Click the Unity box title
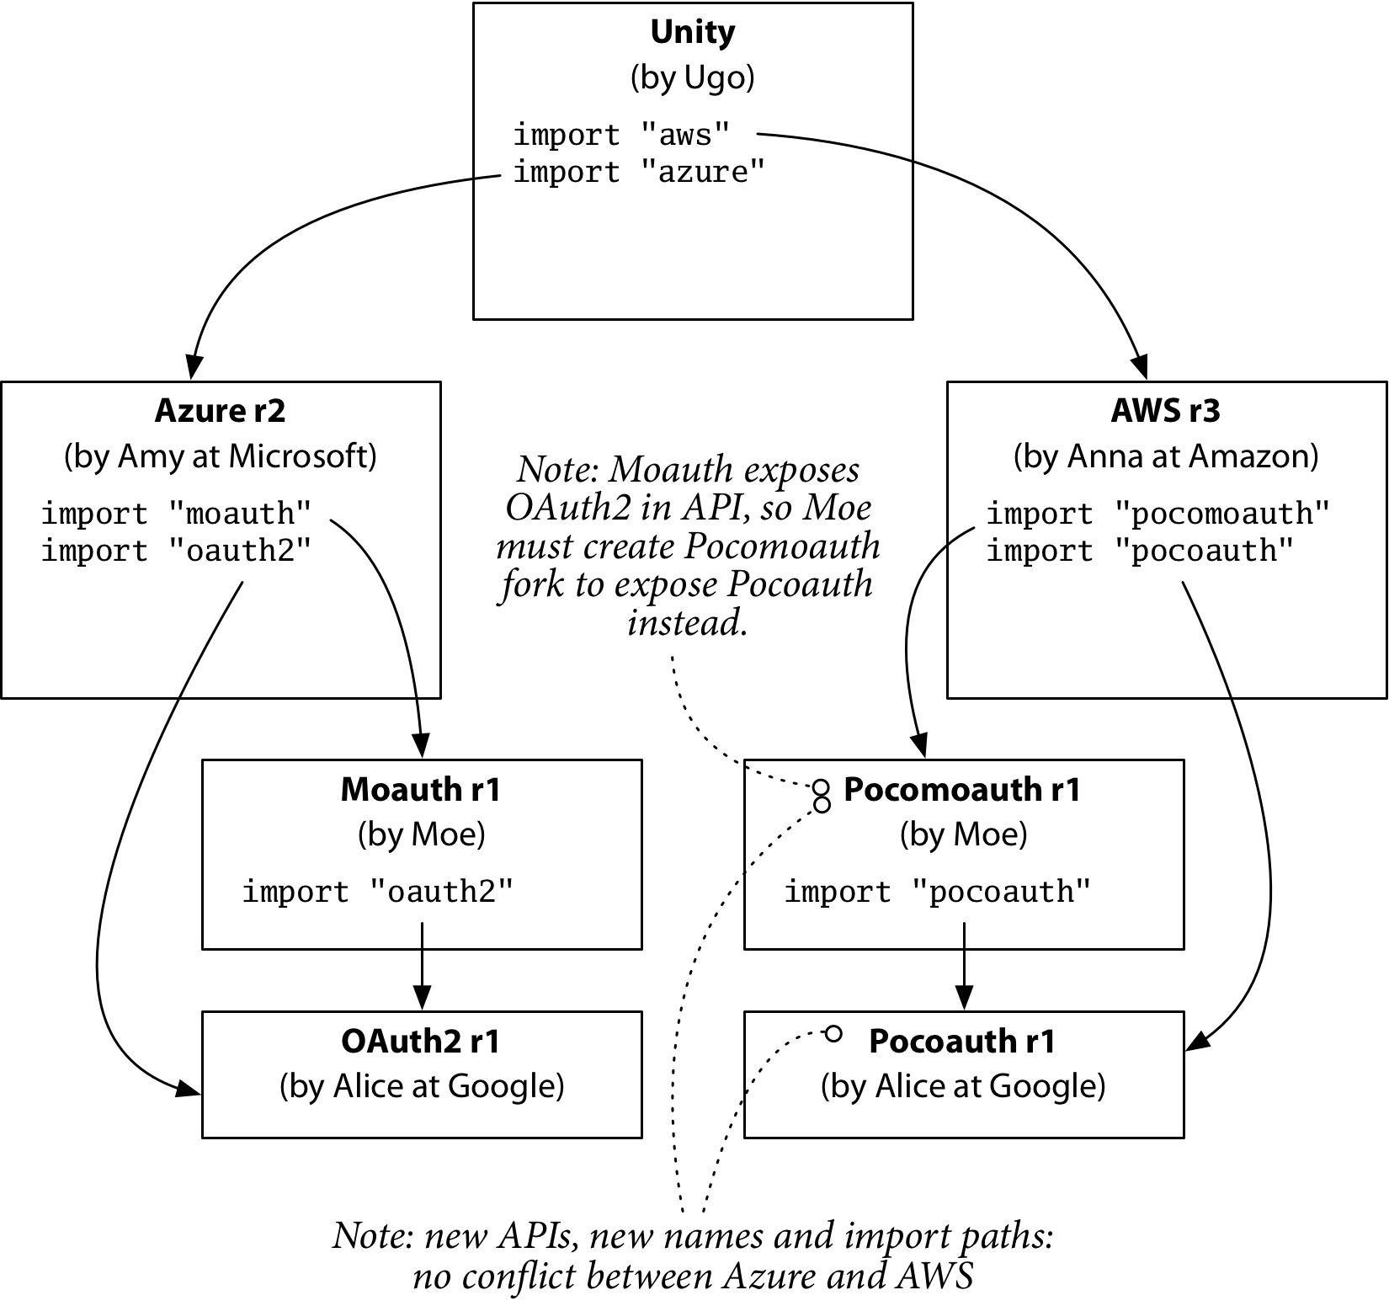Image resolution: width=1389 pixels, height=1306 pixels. (x=693, y=32)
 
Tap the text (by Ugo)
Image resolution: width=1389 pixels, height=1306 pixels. (x=693, y=77)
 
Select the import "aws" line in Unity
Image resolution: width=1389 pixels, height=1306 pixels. (x=621, y=135)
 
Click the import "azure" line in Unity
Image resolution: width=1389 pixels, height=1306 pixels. (x=639, y=172)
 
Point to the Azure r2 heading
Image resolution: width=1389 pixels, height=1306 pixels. (x=221, y=411)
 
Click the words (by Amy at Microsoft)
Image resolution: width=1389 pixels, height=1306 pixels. (x=221, y=456)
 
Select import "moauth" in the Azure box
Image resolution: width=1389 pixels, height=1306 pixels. (x=176, y=513)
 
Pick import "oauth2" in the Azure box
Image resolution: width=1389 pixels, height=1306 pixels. (x=176, y=551)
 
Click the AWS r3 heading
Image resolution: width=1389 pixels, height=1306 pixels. (x=1166, y=411)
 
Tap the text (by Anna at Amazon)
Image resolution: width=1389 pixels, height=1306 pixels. (x=1166, y=456)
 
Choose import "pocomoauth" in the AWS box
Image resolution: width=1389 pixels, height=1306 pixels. (x=1157, y=513)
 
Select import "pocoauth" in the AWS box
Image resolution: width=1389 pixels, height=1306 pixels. (x=1139, y=551)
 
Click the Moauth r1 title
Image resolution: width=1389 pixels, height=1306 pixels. (x=421, y=790)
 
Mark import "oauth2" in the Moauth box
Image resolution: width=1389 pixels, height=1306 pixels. (x=377, y=892)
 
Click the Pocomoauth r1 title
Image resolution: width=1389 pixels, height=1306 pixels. (x=962, y=790)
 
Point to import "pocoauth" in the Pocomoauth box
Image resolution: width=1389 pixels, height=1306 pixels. (x=937, y=892)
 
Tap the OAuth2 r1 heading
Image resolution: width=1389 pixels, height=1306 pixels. (x=421, y=1042)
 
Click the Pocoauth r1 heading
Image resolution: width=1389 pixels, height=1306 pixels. (x=962, y=1042)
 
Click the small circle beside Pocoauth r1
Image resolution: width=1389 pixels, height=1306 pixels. (x=833, y=1033)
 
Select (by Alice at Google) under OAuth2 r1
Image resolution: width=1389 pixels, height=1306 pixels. (x=422, y=1086)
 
